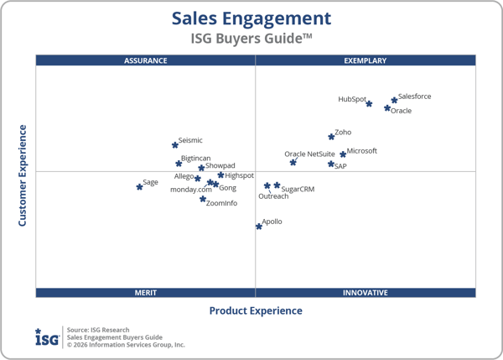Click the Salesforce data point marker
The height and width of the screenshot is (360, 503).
pos(394,101)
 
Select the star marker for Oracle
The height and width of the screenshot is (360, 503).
pos(387,108)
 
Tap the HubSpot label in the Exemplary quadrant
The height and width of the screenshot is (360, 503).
pos(352,99)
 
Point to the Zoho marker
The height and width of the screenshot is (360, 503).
pos(331,137)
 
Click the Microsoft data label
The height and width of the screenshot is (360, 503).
pos(362,151)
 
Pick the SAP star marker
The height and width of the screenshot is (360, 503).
pos(330,164)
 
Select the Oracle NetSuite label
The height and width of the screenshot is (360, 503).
pos(309,154)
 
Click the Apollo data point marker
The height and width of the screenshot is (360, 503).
pos(258,227)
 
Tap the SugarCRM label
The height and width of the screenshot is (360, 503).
pos(298,190)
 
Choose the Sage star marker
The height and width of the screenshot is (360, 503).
pos(139,187)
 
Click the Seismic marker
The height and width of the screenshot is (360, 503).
pos(174,145)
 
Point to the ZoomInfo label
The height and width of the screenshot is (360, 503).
pos(221,203)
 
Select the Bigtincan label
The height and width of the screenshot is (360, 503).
pos(196,158)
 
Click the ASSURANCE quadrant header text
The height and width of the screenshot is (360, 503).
pos(146,60)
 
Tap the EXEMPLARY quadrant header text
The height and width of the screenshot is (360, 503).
pos(366,60)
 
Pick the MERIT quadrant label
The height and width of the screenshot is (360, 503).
pos(146,293)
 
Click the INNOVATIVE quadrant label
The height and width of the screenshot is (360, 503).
pos(366,293)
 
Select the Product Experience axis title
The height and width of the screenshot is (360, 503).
pos(256,310)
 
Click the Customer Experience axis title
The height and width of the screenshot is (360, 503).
pos(23,175)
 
